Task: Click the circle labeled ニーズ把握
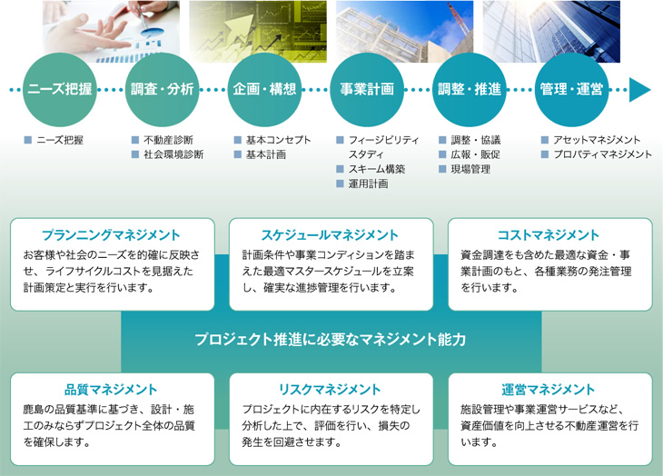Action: pos(59,89)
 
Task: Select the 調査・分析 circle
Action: pos(162,89)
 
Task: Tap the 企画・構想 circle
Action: pos(264,89)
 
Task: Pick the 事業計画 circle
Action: pos(367,89)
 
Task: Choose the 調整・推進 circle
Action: pos(470,89)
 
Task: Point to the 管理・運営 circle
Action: pos(572,89)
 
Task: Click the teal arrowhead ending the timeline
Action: pos(640,89)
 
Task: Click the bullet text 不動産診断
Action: pos(168,141)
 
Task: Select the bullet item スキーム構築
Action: pos(375,169)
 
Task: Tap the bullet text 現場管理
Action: pos(470,169)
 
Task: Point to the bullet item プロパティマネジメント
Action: pos(601,154)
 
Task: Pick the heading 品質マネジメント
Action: pos(112,390)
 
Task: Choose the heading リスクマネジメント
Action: pos(331,390)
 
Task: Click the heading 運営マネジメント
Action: pos(548,390)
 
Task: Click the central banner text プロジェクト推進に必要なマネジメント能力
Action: pos(331,340)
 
